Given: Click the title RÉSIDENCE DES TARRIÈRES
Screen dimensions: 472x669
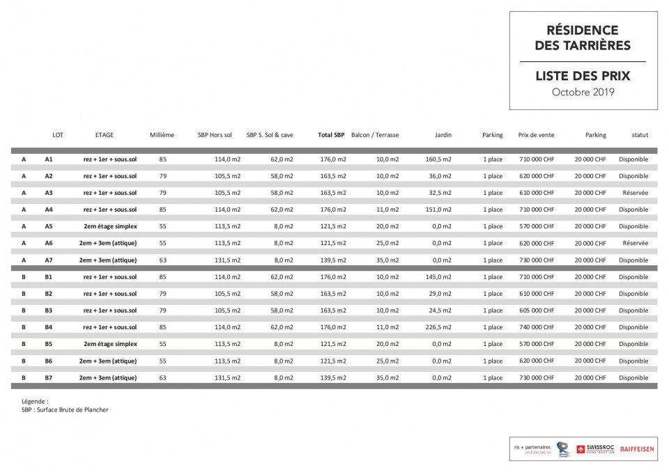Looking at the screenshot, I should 582,38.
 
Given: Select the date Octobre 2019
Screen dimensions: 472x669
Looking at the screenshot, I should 582,92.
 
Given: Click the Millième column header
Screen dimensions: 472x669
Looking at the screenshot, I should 162,135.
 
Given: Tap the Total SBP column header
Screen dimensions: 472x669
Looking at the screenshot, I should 331,135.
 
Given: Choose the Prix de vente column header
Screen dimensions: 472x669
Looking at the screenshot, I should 537,135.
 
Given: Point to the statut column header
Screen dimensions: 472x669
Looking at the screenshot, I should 640,135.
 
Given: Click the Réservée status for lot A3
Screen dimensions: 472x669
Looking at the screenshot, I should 635,193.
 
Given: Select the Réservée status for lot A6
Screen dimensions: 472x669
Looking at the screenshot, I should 635,243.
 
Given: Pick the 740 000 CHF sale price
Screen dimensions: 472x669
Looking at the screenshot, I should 537,327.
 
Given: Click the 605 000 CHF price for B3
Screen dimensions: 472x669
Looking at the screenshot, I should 537,310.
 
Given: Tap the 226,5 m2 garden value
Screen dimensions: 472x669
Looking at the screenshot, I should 438,327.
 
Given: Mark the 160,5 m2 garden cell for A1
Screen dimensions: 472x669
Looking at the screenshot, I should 438,159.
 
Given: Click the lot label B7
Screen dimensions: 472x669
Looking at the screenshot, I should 49,377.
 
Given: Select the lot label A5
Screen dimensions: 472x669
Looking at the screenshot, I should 49,226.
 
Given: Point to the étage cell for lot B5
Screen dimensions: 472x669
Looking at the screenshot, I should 110,344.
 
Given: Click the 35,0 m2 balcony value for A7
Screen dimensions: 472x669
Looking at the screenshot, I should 387,260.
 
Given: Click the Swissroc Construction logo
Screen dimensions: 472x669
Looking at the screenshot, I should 596,449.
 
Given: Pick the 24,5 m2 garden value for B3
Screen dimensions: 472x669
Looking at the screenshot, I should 440,310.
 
